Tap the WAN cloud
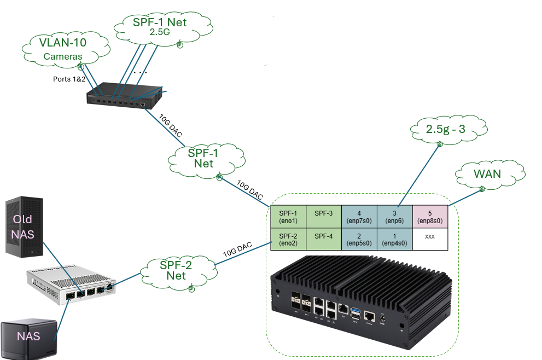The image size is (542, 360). (486, 176)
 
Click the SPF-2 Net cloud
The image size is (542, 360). (176, 270)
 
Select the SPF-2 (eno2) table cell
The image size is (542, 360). (288, 239)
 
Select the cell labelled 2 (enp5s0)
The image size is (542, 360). (359, 239)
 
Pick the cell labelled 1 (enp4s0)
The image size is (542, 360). (394, 239)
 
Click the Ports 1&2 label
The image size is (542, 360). (69, 79)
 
